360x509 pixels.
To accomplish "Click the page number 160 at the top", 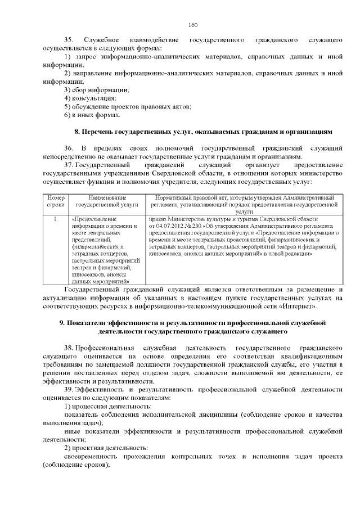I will (x=192, y=25).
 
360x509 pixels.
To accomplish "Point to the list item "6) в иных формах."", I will (x=92, y=115).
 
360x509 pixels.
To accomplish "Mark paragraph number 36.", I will (x=69, y=148).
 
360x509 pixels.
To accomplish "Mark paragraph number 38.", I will (x=69, y=348).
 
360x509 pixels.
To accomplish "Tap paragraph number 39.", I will (x=69, y=389).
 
